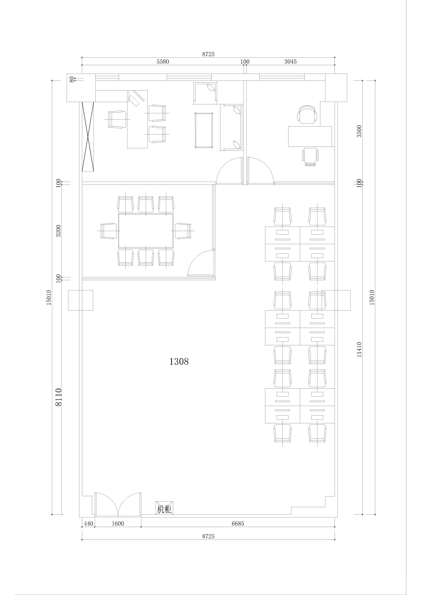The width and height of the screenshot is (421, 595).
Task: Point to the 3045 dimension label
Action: tap(290, 62)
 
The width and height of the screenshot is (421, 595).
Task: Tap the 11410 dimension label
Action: tap(359, 349)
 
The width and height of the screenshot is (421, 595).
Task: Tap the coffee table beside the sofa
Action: tap(204, 130)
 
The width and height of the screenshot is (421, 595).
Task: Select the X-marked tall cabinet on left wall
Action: tap(88, 136)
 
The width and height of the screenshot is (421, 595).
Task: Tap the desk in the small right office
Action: tap(310, 136)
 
